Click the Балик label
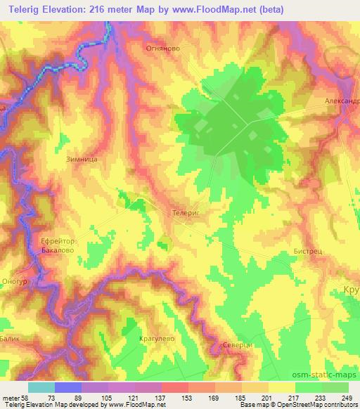[x=9, y=318]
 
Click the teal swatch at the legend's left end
[x=41, y=387]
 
